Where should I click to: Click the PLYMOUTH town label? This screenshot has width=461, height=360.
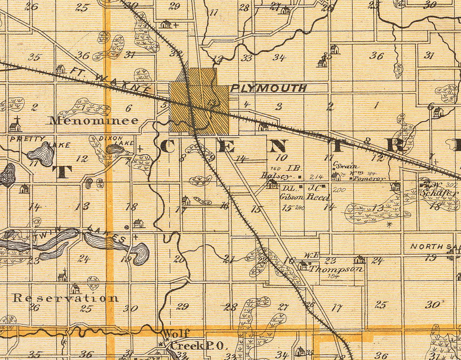pos(268,88)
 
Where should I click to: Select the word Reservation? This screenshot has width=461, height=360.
pos(65,298)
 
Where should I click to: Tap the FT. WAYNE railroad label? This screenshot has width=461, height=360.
pos(110,80)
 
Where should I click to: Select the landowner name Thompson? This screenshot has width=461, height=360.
pos(336,269)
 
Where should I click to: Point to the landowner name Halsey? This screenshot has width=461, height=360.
pos(276,176)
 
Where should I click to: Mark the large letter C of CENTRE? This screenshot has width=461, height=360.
pos(167,146)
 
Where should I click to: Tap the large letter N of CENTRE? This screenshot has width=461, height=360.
pos(278,146)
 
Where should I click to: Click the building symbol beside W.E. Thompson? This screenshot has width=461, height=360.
pos(303,266)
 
